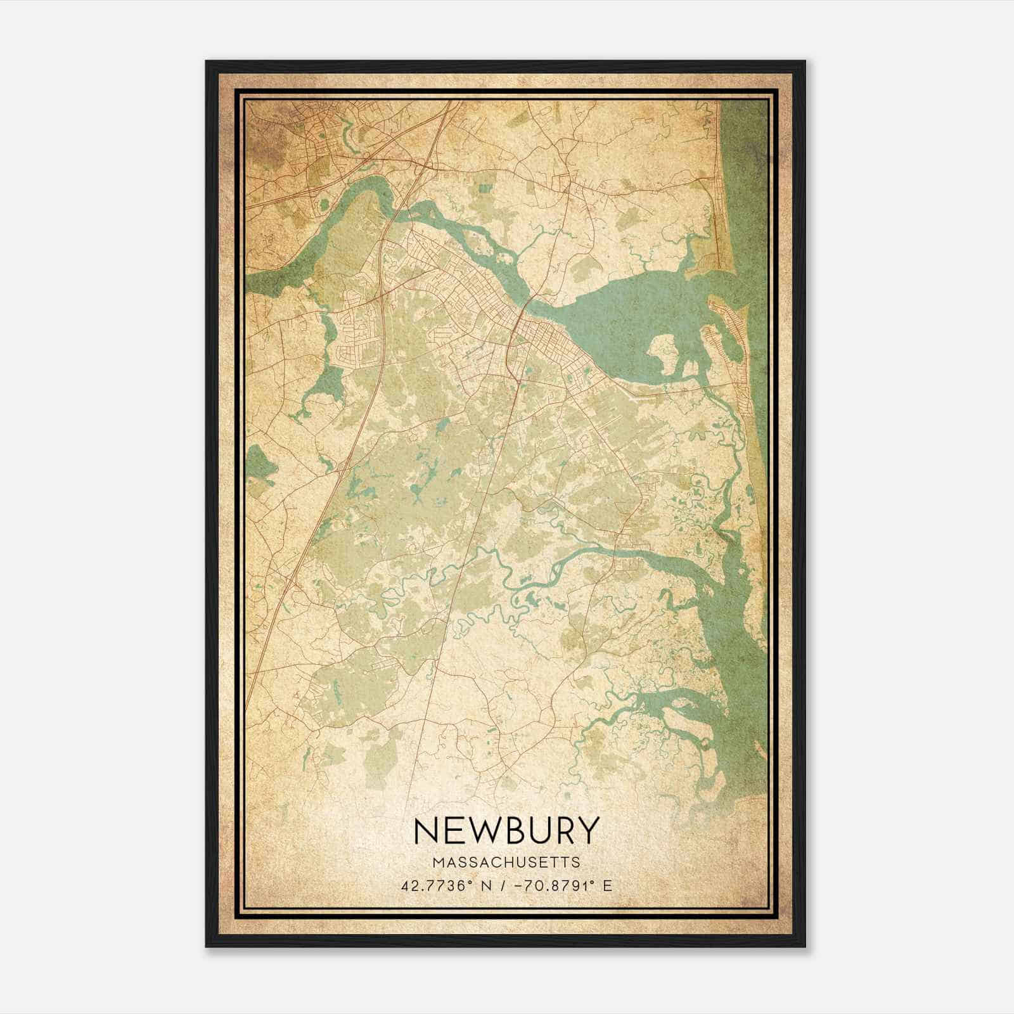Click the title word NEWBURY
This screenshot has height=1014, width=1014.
pos(506,830)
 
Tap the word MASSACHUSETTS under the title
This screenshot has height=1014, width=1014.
pos(506,863)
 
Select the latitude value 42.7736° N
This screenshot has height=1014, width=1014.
pos(442,885)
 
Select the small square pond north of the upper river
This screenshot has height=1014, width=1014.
pos(485,188)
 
